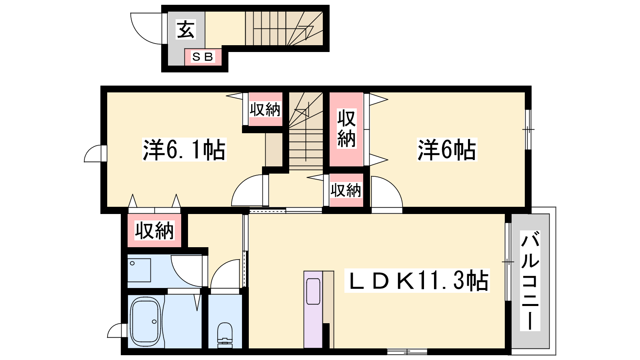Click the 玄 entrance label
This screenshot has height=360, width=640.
(x=186, y=29)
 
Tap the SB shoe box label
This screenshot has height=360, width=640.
(x=203, y=57)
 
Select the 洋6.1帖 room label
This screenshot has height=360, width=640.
(x=184, y=150)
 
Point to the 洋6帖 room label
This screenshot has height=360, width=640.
(x=447, y=150)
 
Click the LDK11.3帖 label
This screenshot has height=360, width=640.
(x=417, y=280)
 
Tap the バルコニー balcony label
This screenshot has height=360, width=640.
(x=530, y=280)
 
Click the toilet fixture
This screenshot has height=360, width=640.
(x=225, y=332)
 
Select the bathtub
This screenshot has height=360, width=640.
(x=146, y=322)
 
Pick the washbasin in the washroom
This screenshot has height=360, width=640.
(x=139, y=270)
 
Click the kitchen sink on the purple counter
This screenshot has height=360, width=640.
(x=313, y=292)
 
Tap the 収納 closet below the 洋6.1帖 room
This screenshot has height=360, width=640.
(x=154, y=230)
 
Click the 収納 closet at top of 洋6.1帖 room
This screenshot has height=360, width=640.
(x=266, y=109)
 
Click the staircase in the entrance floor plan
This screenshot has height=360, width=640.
(x=284, y=28)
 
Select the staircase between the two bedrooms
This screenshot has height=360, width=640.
(x=306, y=131)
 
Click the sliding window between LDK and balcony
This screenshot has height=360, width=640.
(x=508, y=262)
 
